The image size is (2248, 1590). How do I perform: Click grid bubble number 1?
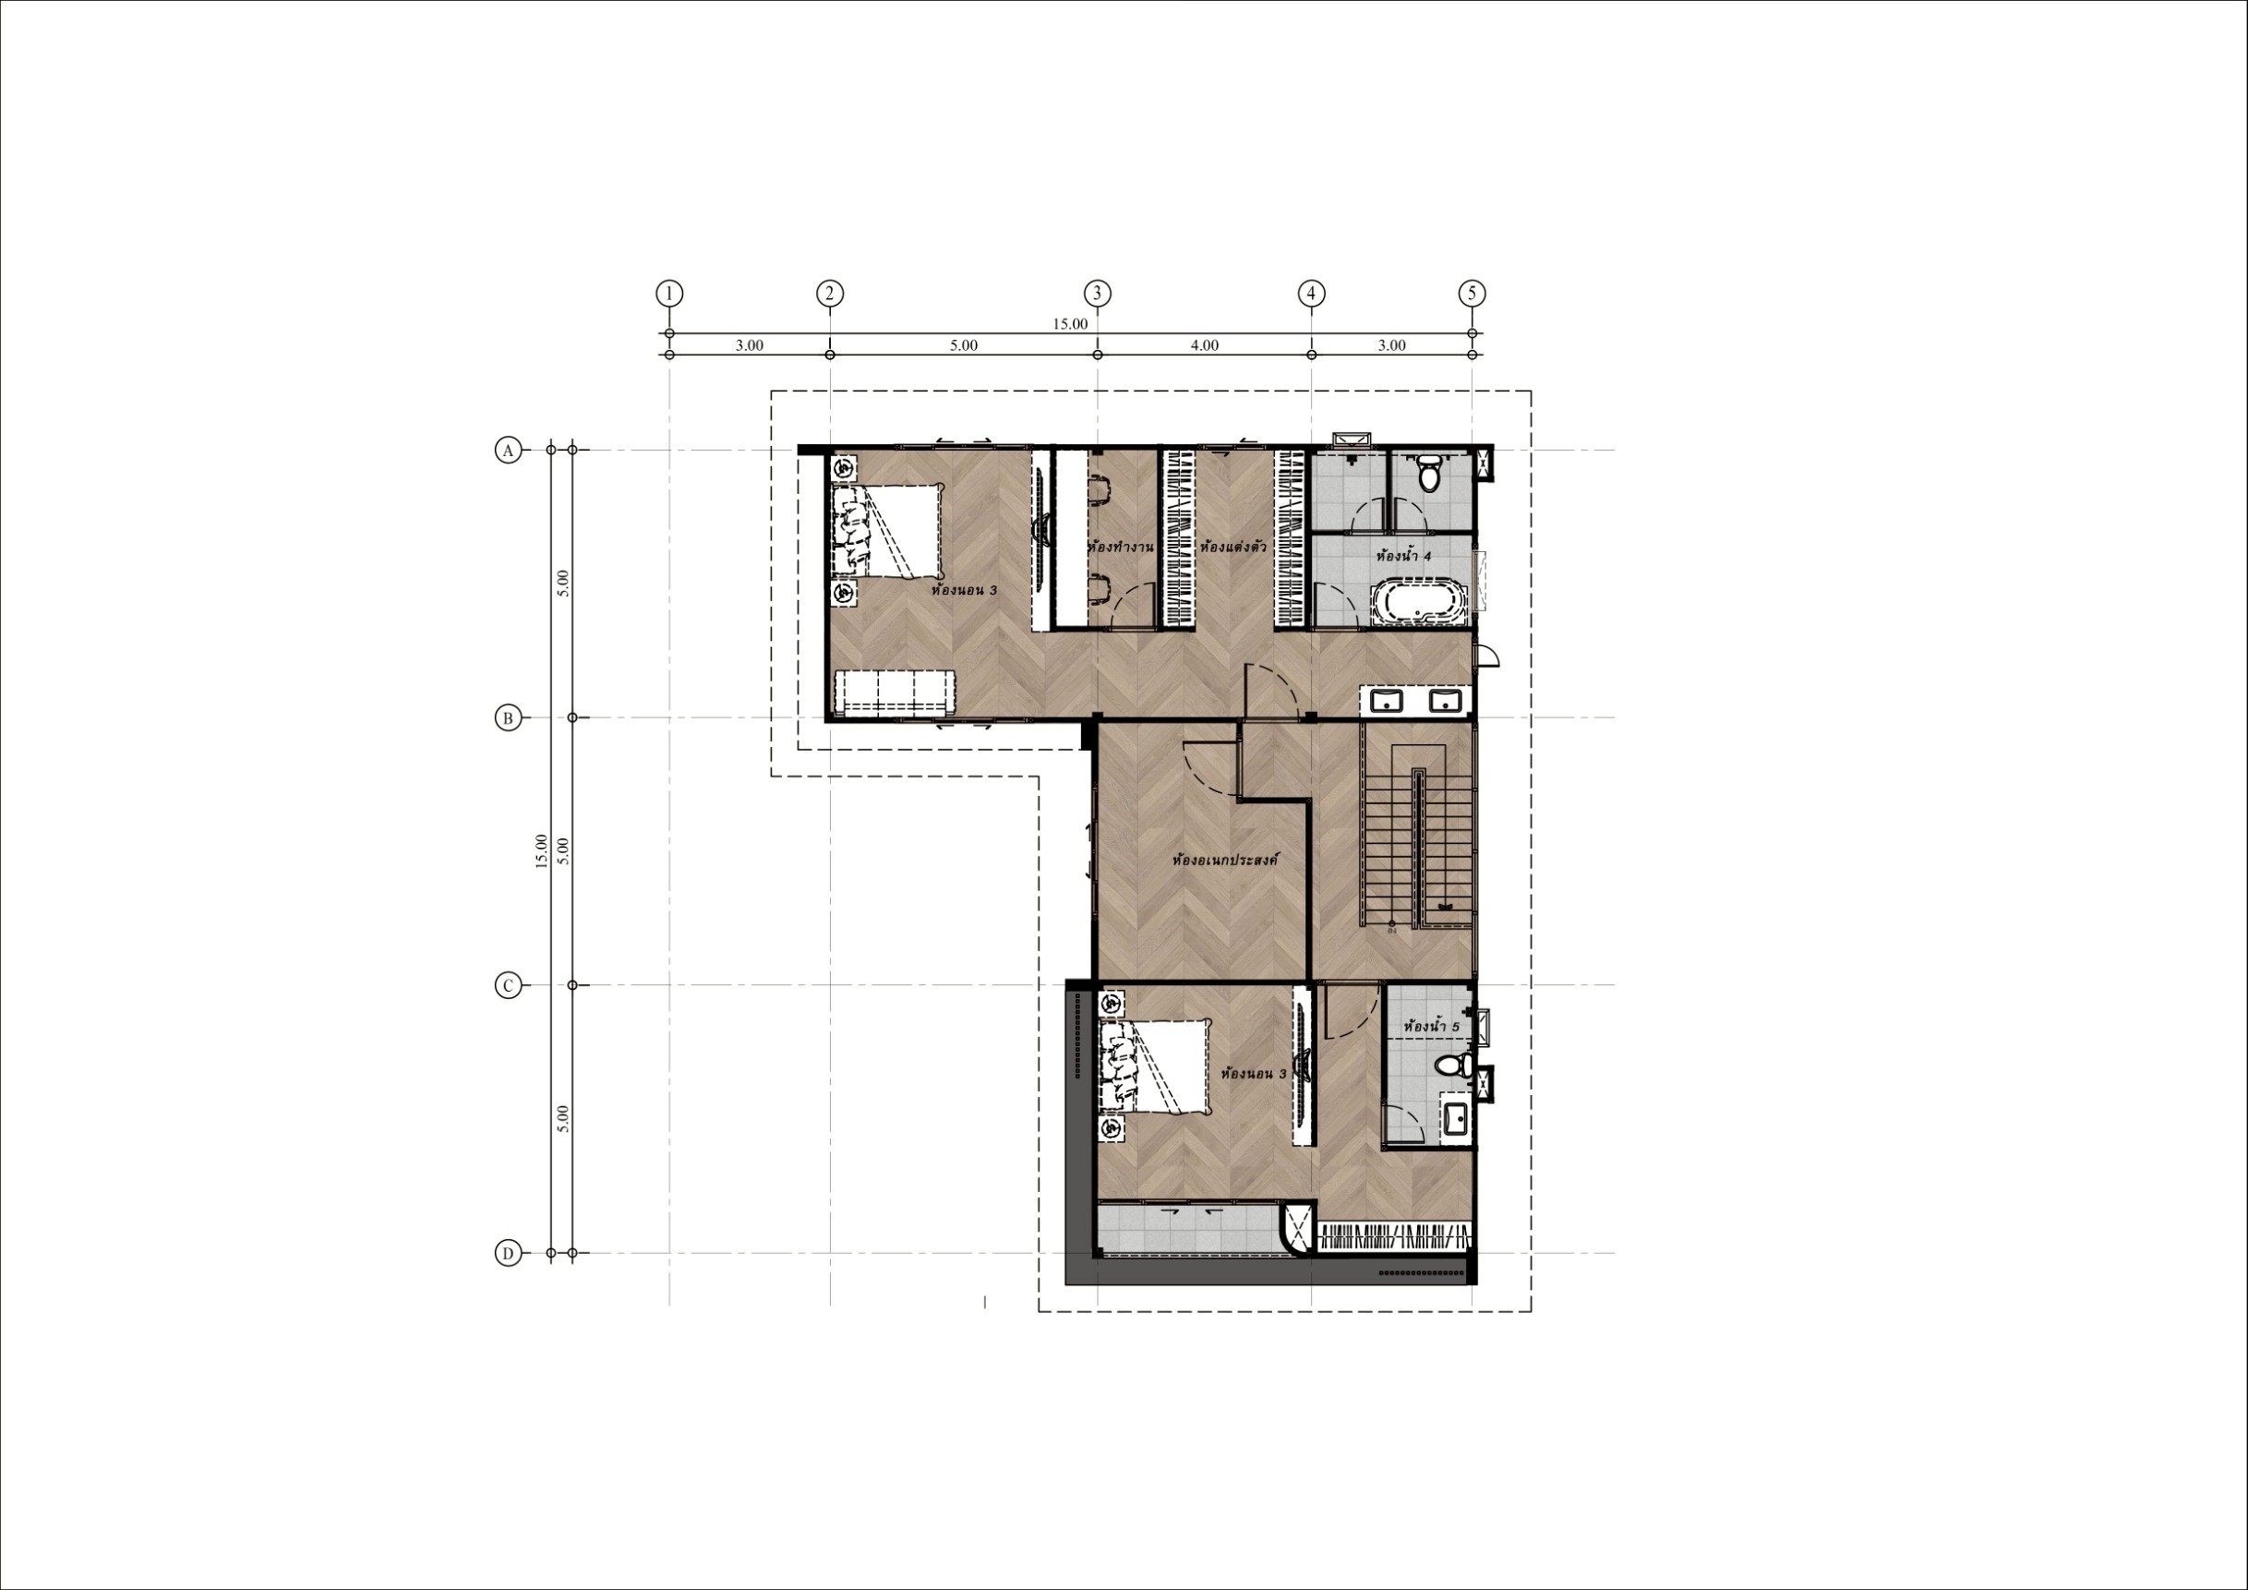668,293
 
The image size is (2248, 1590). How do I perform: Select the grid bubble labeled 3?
1097,293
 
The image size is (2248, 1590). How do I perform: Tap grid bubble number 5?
1472,293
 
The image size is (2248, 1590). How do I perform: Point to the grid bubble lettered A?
507,451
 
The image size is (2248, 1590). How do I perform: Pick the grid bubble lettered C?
507,985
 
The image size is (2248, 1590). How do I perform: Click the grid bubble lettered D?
507,1253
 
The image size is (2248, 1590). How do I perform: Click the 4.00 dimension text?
1204,345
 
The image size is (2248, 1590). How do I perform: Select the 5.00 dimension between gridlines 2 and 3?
964,345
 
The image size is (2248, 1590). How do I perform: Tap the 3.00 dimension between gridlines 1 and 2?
749,345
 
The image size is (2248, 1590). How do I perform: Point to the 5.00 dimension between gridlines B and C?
562,850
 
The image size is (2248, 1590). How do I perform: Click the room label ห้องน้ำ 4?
1404,556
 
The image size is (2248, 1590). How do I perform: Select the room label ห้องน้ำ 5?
1432,1027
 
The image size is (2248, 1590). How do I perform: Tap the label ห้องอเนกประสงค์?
1226,861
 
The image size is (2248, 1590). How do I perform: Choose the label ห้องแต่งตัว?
1232,547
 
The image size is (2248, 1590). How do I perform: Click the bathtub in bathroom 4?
1419,601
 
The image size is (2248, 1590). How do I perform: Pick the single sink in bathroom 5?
1455,1119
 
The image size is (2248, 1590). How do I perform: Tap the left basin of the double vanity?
1387,701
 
